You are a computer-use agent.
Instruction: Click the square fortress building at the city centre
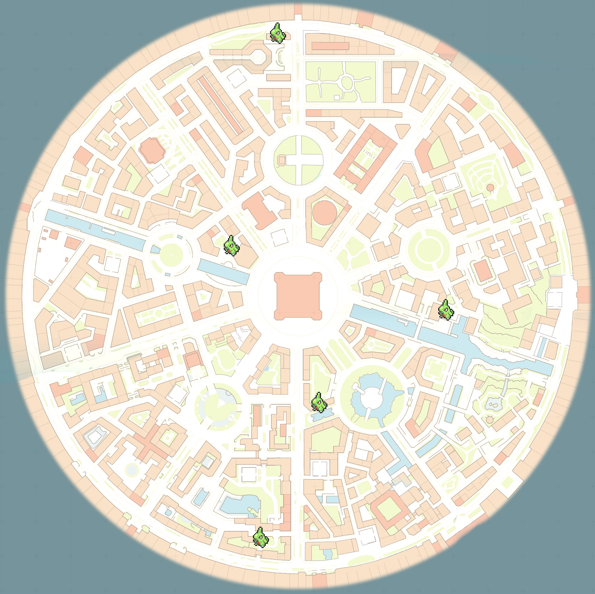pyautogui.click(x=298, y=296)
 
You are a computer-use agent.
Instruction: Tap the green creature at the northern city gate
pyautogui.click(x=278, y=33)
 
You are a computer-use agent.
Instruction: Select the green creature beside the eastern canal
pyautogui.click(x=446, y=310)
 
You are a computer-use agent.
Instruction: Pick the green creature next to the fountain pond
pyautogui.click(x=319, y=403)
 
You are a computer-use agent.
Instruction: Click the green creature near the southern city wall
pyautogui.click(x=260, y=537)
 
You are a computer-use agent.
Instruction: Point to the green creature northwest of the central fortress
pyautogui.click(x=231, y=246)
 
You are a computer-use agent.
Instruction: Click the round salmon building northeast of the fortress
pyautogui.click(x=325, y=213)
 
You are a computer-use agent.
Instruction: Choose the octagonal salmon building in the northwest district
pyautogui.click(x=152, y=150)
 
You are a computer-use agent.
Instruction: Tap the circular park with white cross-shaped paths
pyautogui.click(x=299, y=160)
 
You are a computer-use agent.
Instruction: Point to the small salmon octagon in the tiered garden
pyautogui.click(x=490, y=188)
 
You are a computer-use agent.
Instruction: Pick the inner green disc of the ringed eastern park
pyautogui.click(x=429, y=249)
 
